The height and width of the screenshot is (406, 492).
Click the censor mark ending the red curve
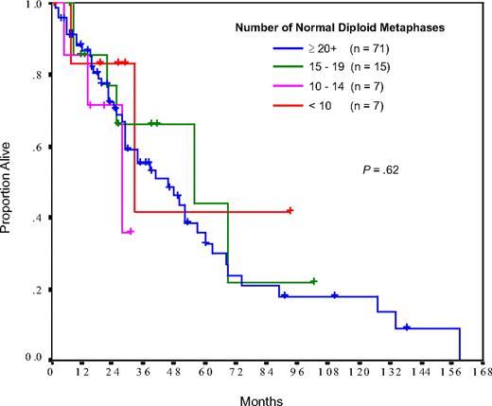click(x=290, y=211)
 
